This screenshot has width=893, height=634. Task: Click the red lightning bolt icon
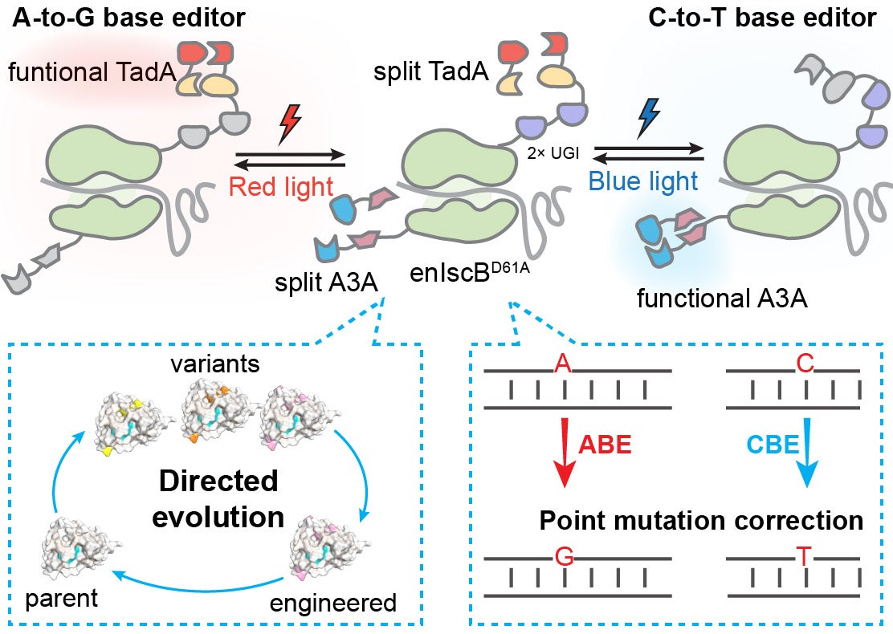coord(290,127)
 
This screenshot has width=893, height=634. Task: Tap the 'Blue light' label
coord(643,181)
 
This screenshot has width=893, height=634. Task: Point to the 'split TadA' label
coord(431,74)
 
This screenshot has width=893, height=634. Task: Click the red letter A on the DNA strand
coord(564,366)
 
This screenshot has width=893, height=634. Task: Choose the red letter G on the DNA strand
coord(565,555)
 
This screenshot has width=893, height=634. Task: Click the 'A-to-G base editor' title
coord(128,18)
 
